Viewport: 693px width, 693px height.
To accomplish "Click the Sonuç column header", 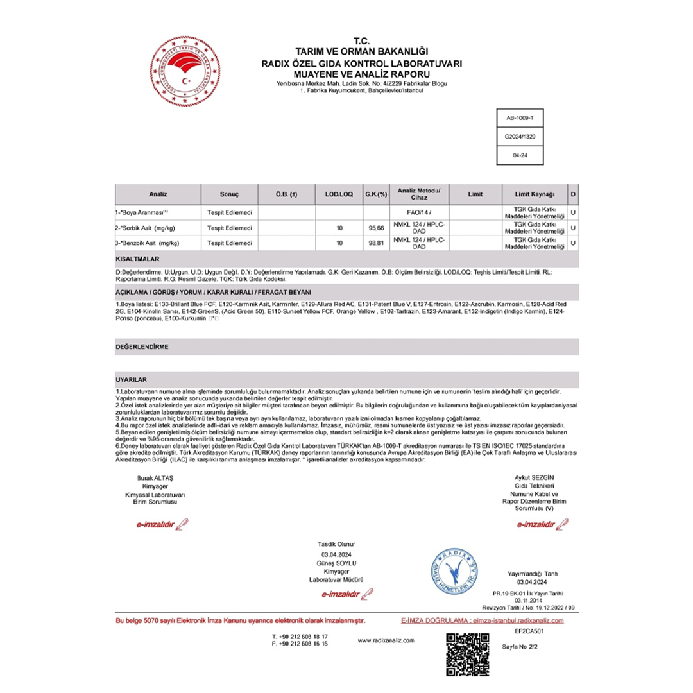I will click(229, 194).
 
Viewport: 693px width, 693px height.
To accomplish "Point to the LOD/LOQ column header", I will click(339, 194).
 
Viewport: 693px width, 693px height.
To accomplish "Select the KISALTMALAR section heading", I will click(137, 259).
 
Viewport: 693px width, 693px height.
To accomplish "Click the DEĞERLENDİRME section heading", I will click(142, 346).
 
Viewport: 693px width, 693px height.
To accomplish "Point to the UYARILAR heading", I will click(132, 381).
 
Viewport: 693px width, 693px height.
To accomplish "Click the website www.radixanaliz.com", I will click(386, 640).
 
